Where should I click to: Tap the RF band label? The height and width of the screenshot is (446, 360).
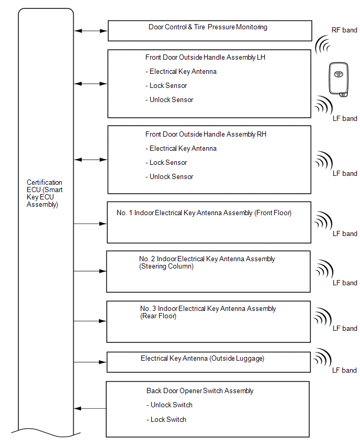tap(344, 30)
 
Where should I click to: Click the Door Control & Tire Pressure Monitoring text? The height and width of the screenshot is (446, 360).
tap(208, 27)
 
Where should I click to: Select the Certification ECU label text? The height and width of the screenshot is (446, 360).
tap(44, 194)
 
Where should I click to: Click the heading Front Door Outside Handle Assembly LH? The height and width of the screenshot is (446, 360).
tap(205, 57)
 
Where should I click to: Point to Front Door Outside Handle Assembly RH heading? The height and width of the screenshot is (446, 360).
tap(206, 135)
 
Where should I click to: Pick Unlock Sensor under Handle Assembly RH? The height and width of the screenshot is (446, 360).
tap(171, 176)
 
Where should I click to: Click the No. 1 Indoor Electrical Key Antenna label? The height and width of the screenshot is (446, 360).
tap(204, 213)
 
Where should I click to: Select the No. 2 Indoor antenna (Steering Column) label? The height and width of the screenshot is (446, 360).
tap(207, 262)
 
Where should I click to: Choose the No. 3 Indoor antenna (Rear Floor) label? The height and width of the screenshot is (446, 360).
tap(208, 312)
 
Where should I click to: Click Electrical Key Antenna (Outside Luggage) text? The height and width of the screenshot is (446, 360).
tap(202, 359)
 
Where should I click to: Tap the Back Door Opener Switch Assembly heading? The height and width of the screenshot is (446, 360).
tap(200, 391)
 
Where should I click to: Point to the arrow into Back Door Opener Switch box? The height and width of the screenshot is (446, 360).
tap(90, 408)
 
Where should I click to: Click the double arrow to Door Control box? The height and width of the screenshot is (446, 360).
tap(91, 31)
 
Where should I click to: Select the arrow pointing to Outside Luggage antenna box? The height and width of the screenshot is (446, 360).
tap(90, 362)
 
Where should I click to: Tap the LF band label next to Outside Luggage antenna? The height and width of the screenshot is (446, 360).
tap(344, 370)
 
